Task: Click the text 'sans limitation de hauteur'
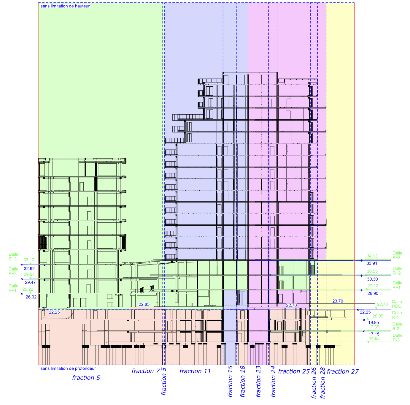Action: [65, 6]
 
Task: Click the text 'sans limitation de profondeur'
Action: [68, 368]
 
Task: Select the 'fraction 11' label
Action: [195, 371]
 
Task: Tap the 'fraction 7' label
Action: [146, 371]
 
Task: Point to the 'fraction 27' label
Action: [343, 372]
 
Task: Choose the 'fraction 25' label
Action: [294, 371]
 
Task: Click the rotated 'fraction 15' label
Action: [230, 382]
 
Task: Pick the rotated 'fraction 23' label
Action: [258, 382]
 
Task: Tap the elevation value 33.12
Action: [29, 260]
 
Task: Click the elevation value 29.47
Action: [30, 282]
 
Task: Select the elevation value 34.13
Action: [372, 256]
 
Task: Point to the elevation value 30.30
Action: [372, 279]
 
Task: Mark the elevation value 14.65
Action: [374, 338]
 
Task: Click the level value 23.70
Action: [338, 301]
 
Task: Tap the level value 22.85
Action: [144, 304]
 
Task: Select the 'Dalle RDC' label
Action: [397, 304]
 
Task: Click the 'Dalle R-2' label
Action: [397, 327]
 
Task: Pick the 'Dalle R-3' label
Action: [397, 338]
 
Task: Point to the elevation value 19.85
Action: [374, 322]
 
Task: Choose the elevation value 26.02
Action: [31, 297]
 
